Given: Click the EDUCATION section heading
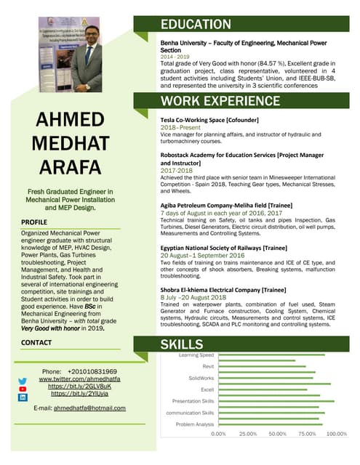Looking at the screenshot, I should pyautogui.click(x=196, y=25).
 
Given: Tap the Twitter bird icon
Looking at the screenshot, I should pyautogui.click(x=23, y=381).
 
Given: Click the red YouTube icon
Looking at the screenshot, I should pyautogui.click(x=23, y=389).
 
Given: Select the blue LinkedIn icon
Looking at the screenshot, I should pyautogui.click(x=23, y=398).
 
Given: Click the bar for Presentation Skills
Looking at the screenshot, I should pyautogui.click(x=276, y=401).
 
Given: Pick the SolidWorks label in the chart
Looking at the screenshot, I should pyautogui.click(x=201, y=378).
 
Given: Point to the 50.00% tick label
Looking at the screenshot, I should pyautogui.click(x=278, y=434).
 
